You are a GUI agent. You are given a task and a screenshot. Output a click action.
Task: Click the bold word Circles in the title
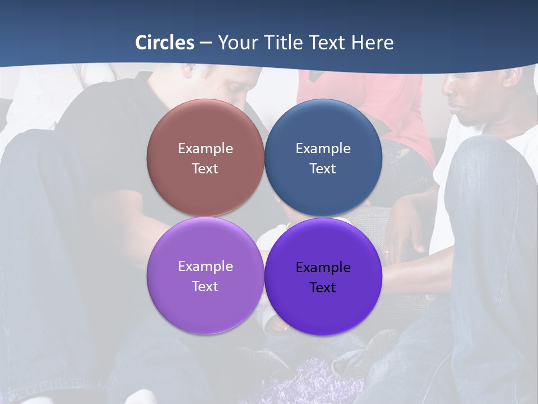(165, 43)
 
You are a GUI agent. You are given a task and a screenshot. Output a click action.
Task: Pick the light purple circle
(205, 306)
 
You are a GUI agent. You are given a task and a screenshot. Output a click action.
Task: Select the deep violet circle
(323, 309)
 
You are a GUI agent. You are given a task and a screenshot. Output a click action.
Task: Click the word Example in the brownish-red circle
(205, 148)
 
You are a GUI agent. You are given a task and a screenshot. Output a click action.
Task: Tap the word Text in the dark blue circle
(323, 168)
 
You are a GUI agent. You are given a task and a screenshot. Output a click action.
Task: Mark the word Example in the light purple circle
(205, 266)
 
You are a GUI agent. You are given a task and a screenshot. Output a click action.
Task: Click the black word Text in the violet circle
(323, 287)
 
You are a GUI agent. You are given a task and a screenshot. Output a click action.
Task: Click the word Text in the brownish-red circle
(205, 168)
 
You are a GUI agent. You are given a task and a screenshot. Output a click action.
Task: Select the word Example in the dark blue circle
(323, 148)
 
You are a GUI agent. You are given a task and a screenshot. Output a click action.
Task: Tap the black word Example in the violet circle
(323, 267)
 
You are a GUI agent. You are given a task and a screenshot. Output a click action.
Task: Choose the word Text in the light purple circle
(205, 286)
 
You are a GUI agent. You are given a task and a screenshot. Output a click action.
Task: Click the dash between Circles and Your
(206, 43)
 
